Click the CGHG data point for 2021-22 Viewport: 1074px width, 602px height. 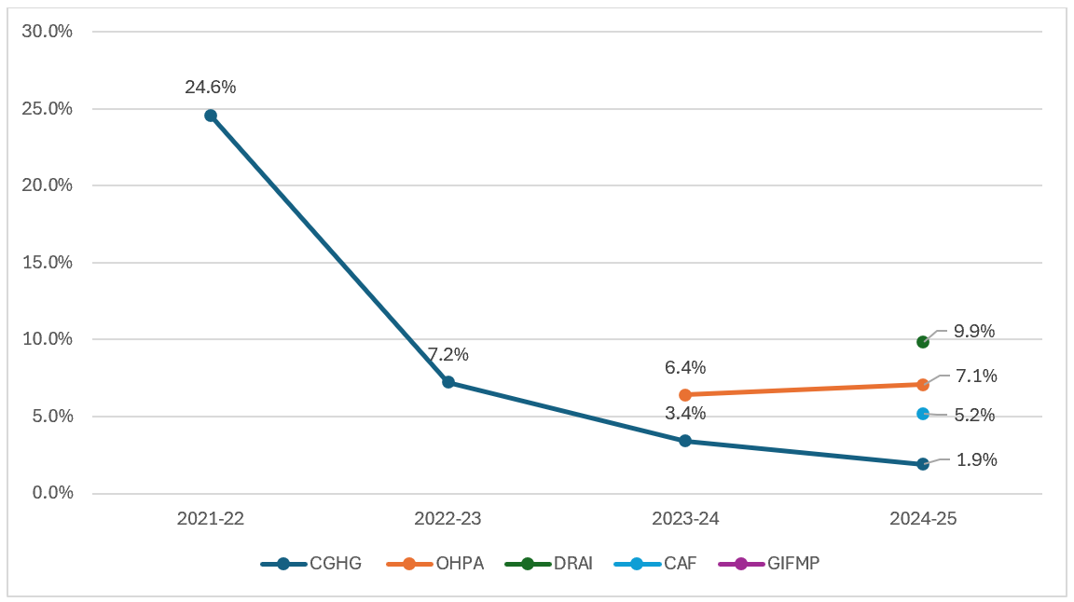tap(211, 116)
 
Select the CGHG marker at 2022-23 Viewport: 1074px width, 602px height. tap(447, 382)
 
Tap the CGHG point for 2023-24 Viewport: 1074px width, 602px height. tap(685, 441)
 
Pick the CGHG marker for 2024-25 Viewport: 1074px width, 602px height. tap(923, 464)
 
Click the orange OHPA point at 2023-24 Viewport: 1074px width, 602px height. tap(685, 395)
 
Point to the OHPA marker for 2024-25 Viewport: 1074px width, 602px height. tap(923, 384)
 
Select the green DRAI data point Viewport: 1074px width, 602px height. tap(923, 342)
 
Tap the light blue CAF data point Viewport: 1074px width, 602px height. tap(923, 414)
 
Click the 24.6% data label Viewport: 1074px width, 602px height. tap(211, 87)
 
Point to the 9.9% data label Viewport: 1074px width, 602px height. tap(974, 332)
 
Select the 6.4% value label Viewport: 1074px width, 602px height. tap(685, 368)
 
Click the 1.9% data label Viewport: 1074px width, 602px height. tap(977, 460)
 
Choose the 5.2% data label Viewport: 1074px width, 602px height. tap(974, 415)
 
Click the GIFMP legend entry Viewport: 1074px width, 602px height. tap(769, 564)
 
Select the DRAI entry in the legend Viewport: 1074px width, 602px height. tap(548, 564)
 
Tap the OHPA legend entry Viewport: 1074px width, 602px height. tap(435, 564)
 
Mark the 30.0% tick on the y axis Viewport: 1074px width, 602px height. tap(48, 32)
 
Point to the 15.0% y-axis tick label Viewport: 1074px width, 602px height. tap(48, 262)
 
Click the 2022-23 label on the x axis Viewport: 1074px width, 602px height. tap(447, 518)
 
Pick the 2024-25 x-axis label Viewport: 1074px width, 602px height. tap(923, 518)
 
